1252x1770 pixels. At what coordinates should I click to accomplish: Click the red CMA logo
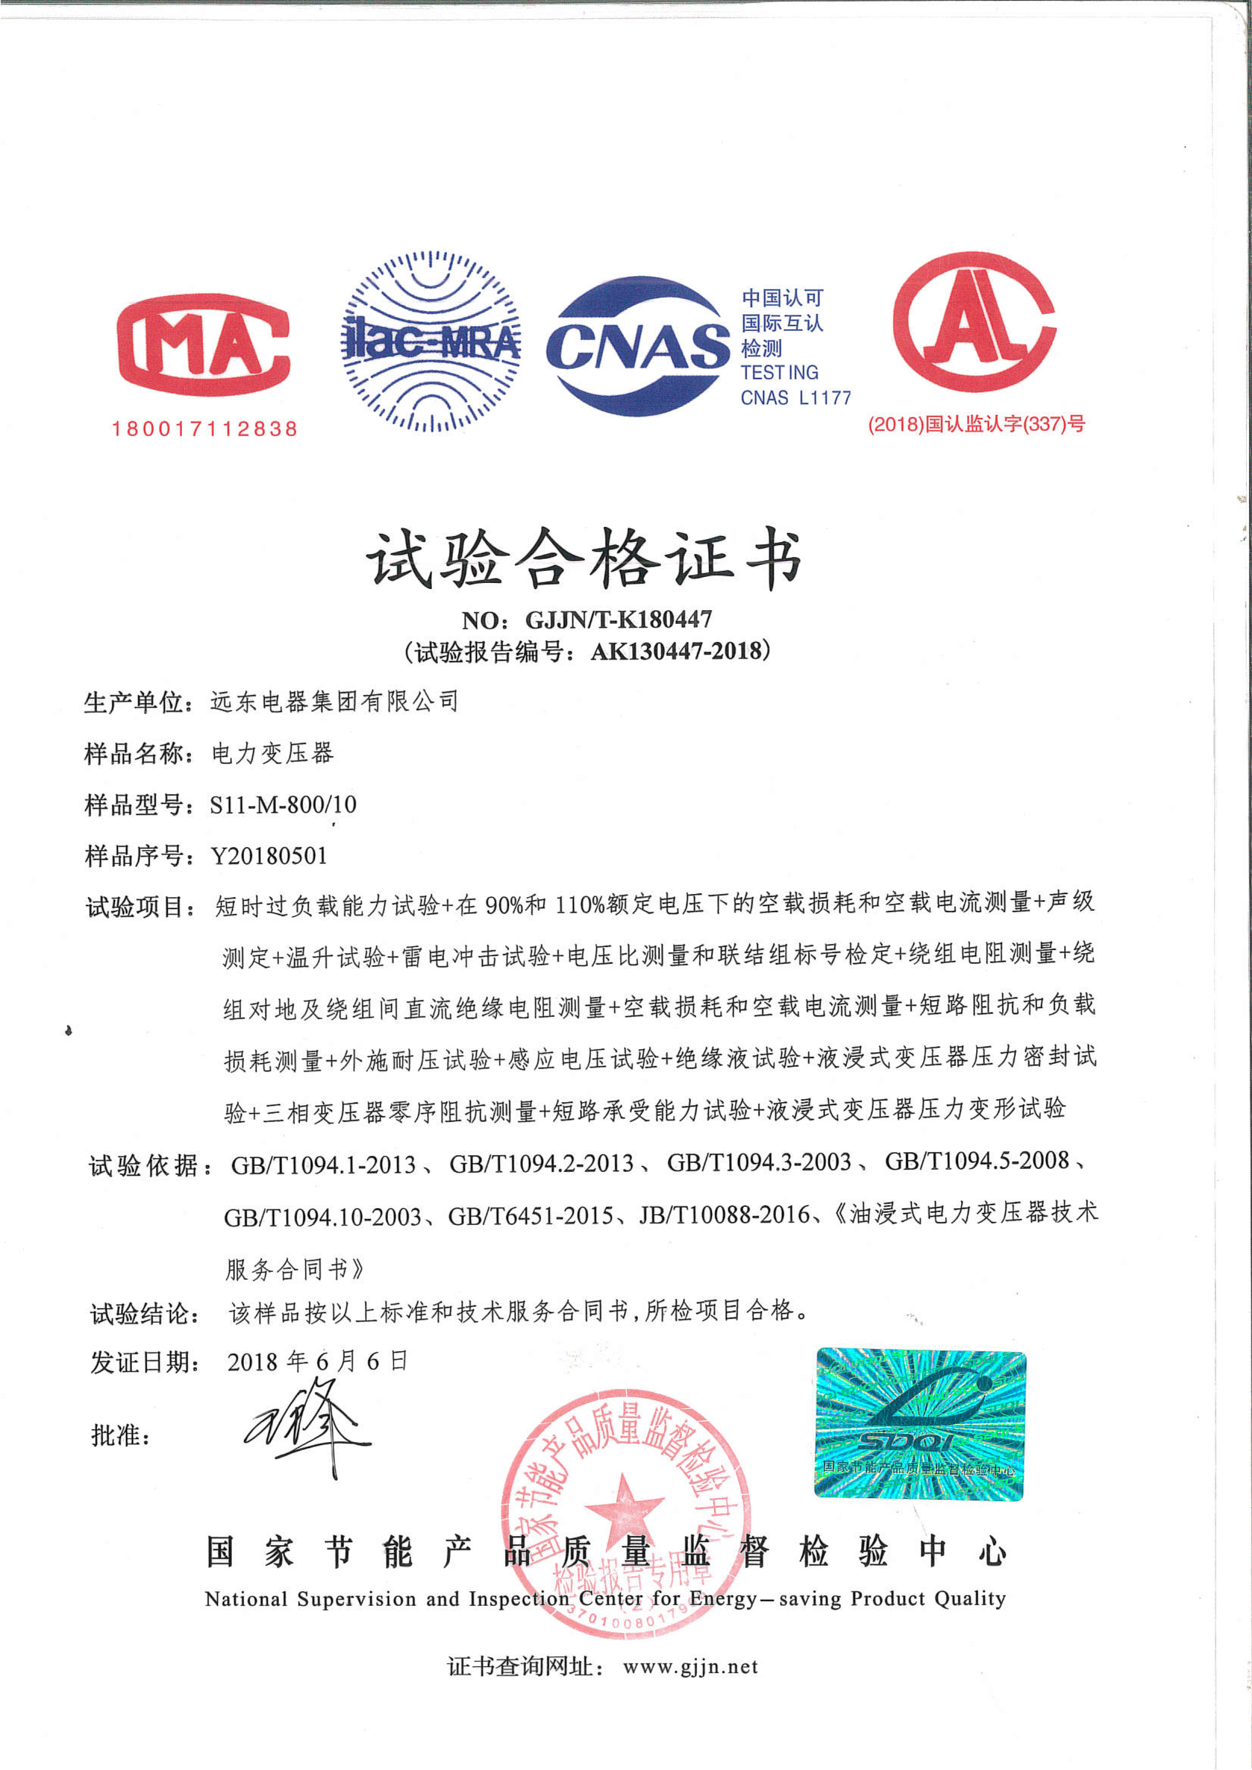tap(204, 344)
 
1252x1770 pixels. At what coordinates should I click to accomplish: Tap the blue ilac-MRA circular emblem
tap(430, 341)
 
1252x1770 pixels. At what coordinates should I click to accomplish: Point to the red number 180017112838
tap(205, 429)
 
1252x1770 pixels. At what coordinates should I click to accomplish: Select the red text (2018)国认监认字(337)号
tap(976, 424)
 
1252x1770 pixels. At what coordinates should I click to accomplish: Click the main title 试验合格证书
tap(584, 557)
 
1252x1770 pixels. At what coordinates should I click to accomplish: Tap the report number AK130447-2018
tap(677, 652)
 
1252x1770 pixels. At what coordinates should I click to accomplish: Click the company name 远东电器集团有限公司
tap(334, 702)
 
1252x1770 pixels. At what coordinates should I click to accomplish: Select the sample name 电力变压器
tap(272, 753)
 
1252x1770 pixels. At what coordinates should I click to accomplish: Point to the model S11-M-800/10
tap(283, 805)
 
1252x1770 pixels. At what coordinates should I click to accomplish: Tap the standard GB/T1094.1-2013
tap(324, 1165)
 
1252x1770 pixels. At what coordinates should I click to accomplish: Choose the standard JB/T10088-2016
tap(725, 1216)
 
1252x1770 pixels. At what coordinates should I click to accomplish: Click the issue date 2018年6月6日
tap(317, 1361)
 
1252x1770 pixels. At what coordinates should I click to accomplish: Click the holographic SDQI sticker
tap(921, 1424)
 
